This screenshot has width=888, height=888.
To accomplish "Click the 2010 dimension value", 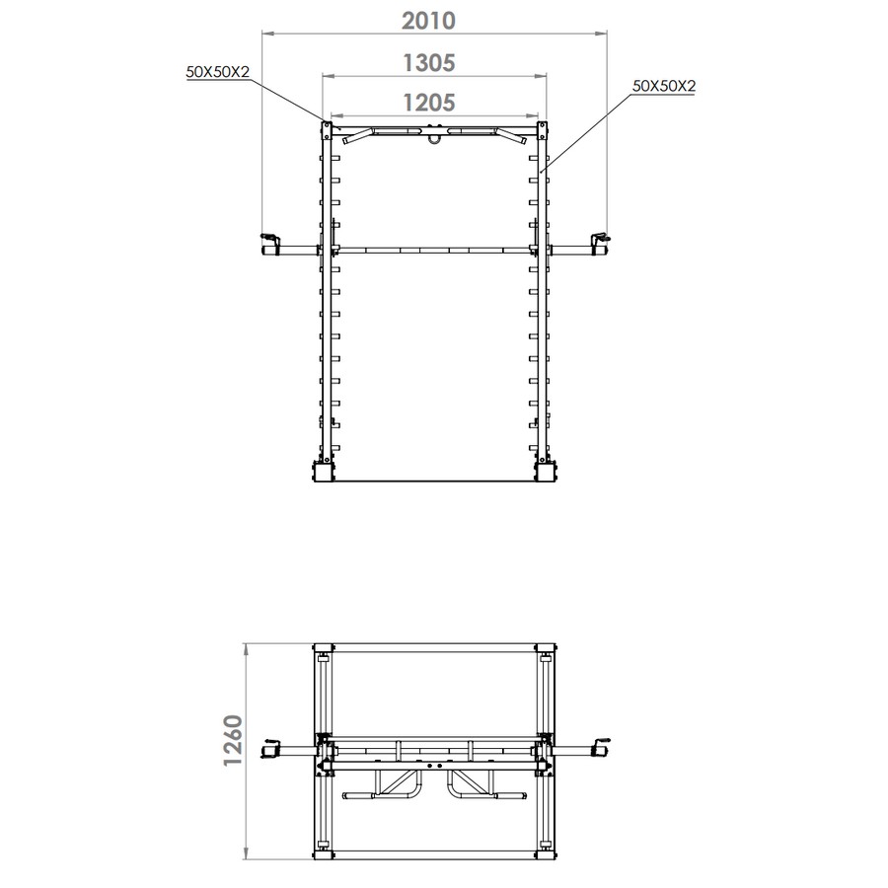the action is [x=428, y=21].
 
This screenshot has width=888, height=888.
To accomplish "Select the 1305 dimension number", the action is [x=429, y=63].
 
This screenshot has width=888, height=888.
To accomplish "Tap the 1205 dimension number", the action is [x=429, y=103].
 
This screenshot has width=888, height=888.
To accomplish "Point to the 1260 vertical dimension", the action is [x=233, y=740].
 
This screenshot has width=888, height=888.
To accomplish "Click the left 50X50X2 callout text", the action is [x=217, y=72].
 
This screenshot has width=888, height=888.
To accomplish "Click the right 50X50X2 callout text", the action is [x=664, y=86].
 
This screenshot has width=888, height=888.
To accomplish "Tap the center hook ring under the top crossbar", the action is [x=434, y=138].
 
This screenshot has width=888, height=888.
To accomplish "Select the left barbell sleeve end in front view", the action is [x=270, y=248].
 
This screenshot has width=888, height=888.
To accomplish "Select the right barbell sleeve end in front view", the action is [x=598, y=248].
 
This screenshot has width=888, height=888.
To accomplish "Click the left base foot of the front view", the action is [x=324, y=472].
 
